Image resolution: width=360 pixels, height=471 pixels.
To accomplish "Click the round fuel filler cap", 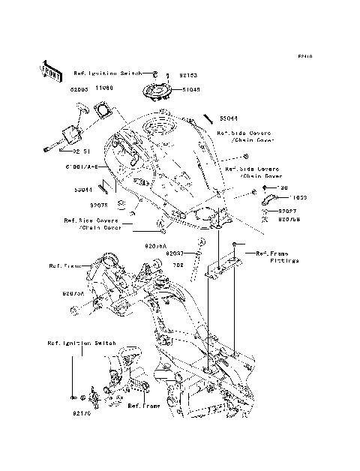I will click(159, 91).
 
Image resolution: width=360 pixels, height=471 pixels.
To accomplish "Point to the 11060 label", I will click(103, 88).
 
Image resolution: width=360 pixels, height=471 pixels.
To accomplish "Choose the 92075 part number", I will click(100, 204).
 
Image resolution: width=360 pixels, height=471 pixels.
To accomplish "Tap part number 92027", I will click(289, 211).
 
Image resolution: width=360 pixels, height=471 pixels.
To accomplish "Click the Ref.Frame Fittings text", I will click(278, 256).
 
